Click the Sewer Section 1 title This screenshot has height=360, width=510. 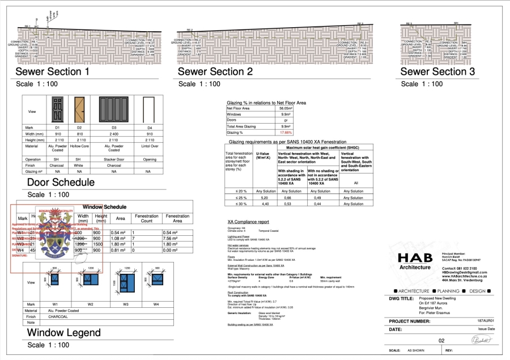point(52,72)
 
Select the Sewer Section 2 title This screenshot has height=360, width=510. point(215,72)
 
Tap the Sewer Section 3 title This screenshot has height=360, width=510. point(437,72)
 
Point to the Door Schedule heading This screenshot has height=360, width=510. point(61,183)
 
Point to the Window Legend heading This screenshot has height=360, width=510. point(63,332)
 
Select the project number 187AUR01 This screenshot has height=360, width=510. point(486,321)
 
